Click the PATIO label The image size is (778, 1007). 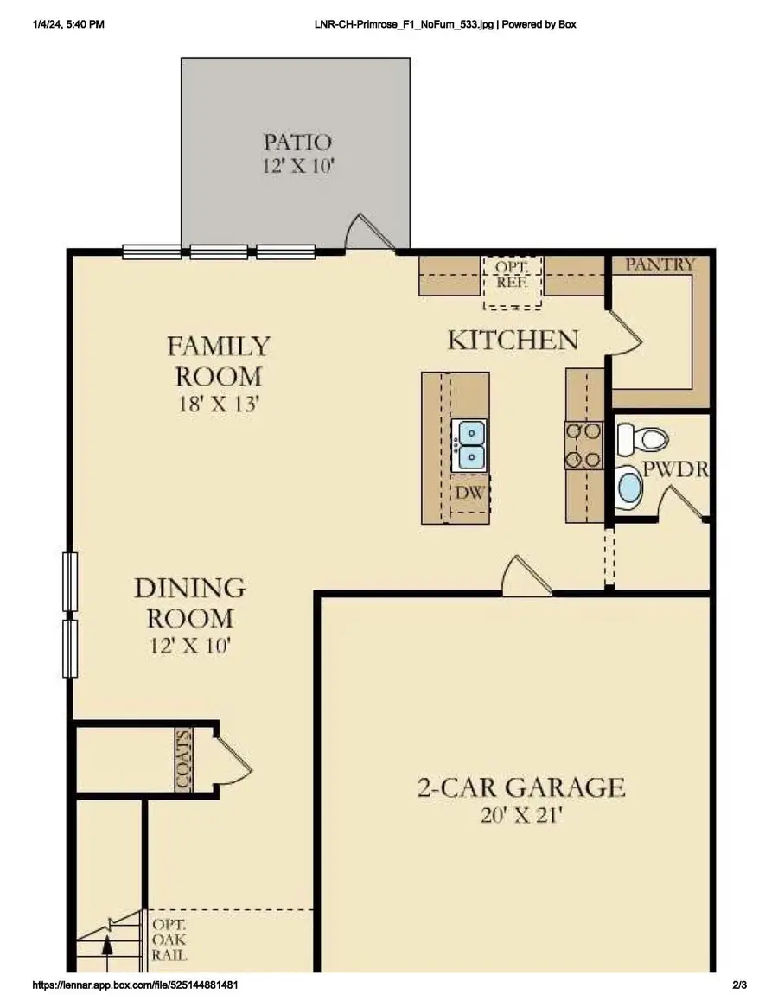click(x=297, y=141)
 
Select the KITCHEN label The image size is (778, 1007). click(x=512, y=340)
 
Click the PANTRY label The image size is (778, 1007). click(x=660, y=264)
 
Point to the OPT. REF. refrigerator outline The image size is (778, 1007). click(x=512, y=282)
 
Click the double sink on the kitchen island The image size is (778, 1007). click(x=471, y=443)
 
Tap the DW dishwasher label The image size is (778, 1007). click(x=469, y=494)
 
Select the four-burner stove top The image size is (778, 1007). click(x=583, y=445)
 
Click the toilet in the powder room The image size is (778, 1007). click(x=650, y=439)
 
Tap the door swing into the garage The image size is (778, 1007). click(x=526, y=577)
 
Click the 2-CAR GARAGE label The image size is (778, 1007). click(x=520, y=787)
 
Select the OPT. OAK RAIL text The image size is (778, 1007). click(x=169, y=940)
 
